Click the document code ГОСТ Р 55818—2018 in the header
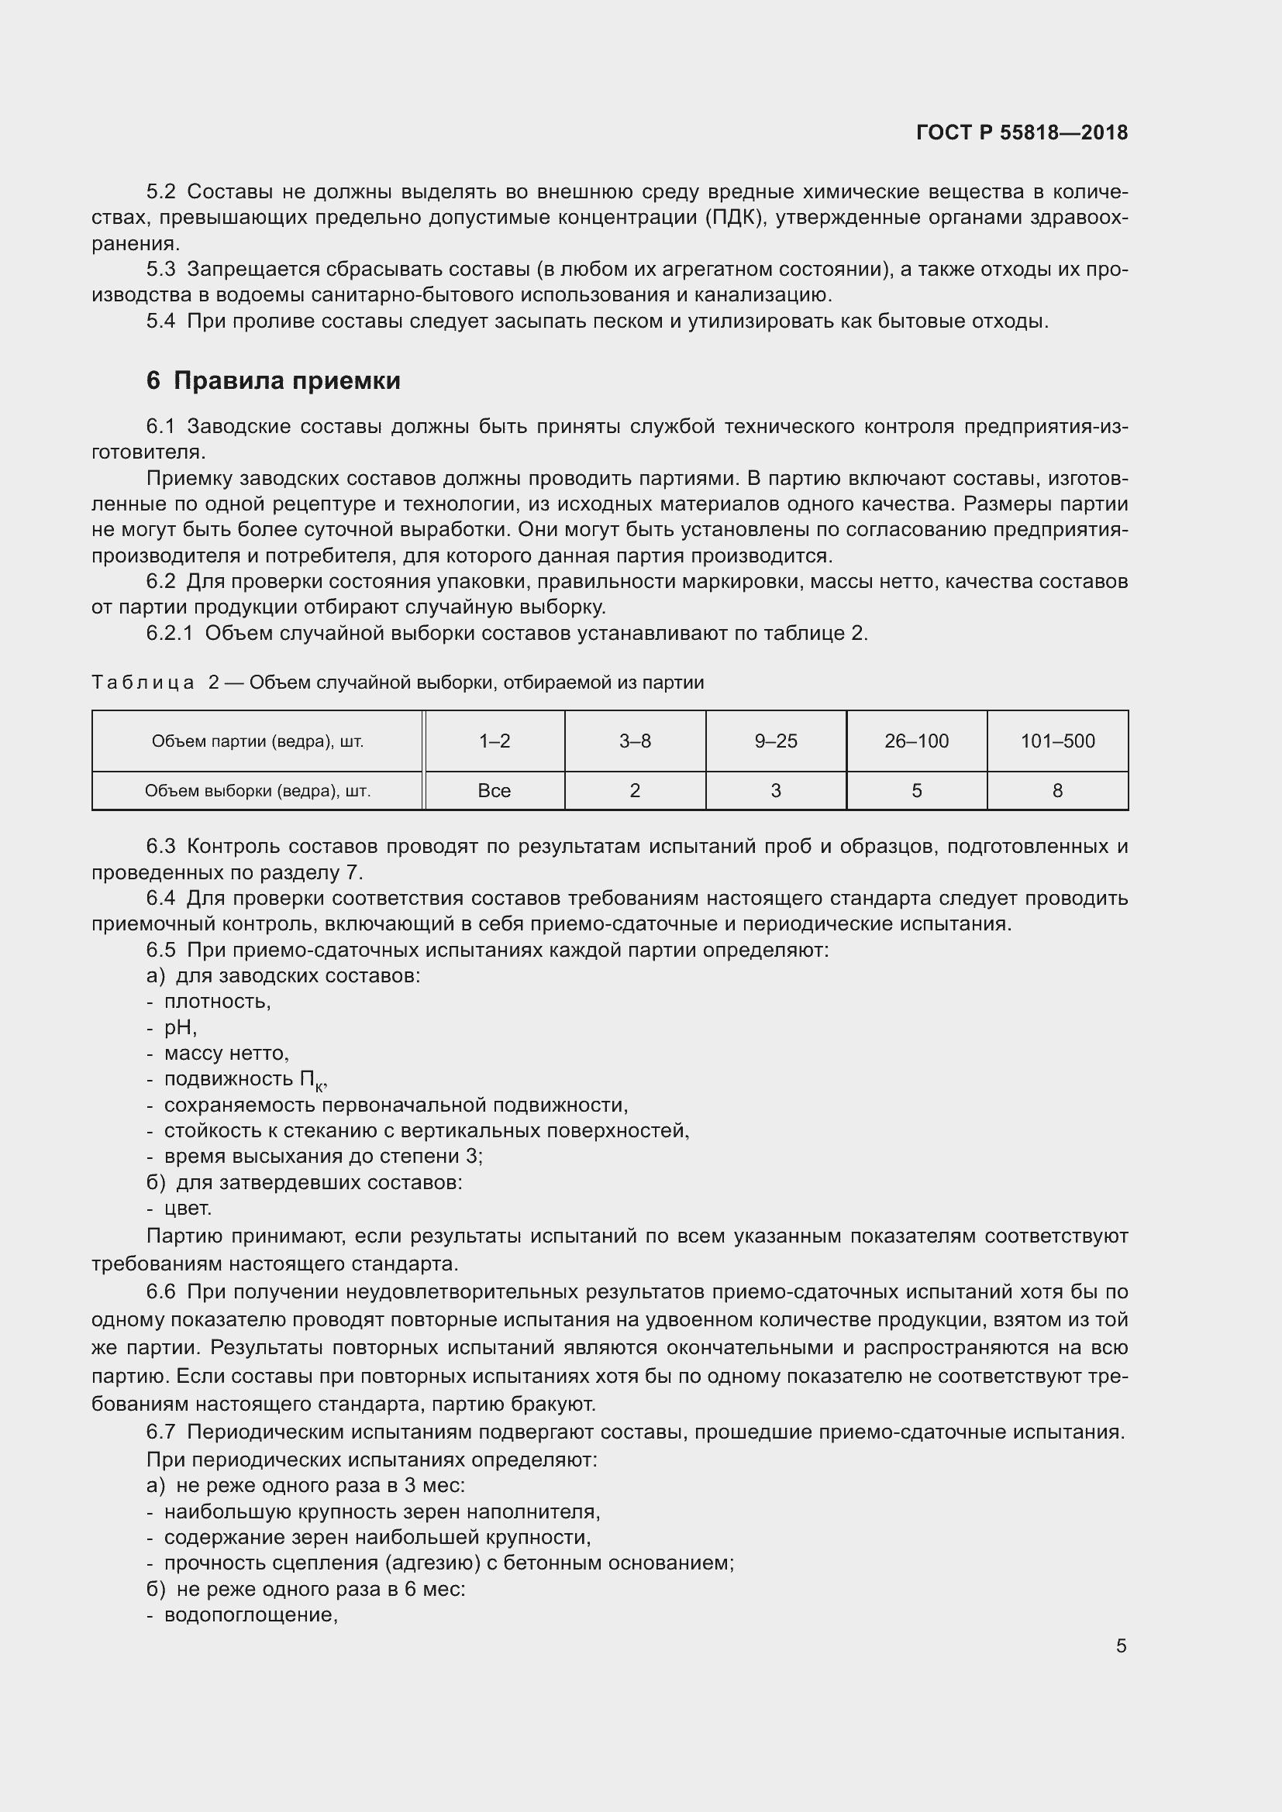[1022, 132]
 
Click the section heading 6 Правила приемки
[273, 380]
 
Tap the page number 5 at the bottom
[1121, 1645]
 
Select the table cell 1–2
[495, 741]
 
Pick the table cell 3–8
[635, 741]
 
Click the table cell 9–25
[776, 741]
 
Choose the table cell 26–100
[916, 741]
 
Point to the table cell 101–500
[1057, 741]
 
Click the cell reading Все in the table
[495, 791]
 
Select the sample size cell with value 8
[1057, 791]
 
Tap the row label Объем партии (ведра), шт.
[257, 741]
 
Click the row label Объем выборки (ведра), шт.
[257, 791]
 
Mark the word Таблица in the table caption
[143, 683]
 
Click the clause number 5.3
[161, 270]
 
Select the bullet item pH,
[180, 1027]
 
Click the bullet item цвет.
[187, 1209]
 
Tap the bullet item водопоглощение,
[250, 1614]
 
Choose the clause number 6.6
[161, 1292]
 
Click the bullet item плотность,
[217, 1002]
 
